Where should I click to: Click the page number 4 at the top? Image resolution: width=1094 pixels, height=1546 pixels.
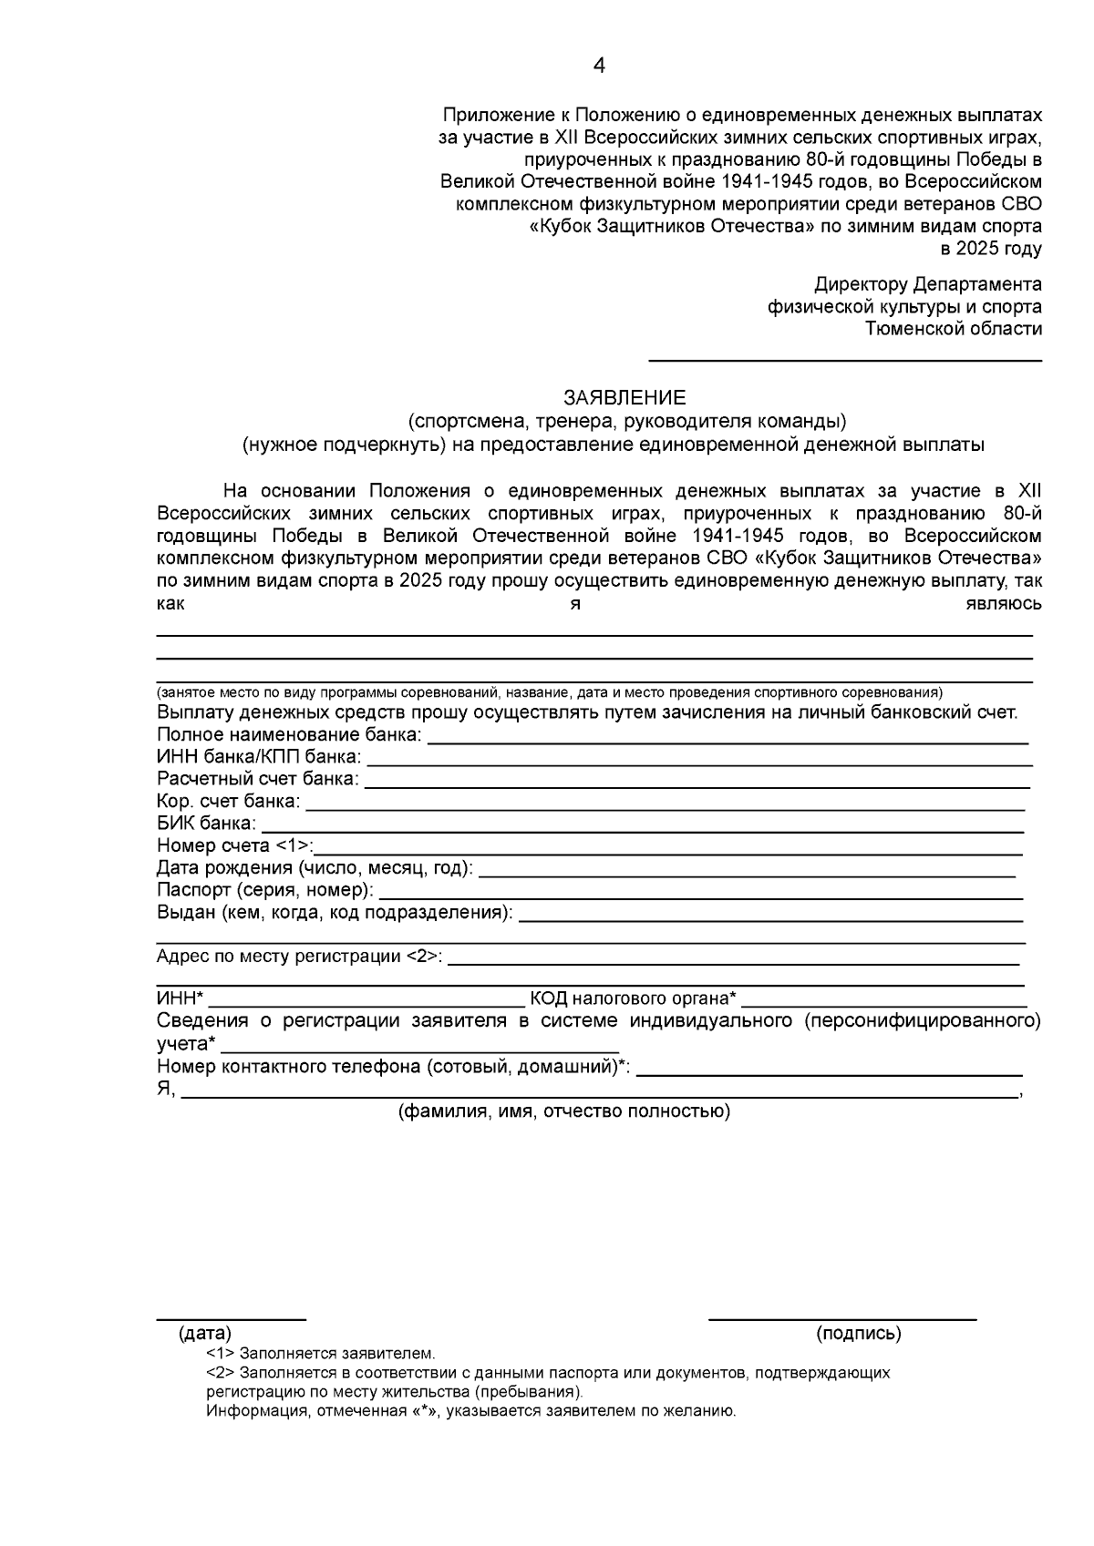[x=599, y=66]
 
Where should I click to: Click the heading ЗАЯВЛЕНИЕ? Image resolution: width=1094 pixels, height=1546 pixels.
[x=624, y=398]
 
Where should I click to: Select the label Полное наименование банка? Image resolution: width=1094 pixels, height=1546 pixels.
[x=289, y=735]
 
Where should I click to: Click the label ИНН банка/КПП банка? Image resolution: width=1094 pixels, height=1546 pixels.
[x=259, y=757]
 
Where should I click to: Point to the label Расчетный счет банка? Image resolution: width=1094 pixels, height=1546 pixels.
[x=258, y=780]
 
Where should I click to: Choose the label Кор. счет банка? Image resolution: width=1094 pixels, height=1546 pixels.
[x=228, y=802]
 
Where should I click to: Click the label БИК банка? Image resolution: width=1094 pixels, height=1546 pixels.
[x=206, y=824]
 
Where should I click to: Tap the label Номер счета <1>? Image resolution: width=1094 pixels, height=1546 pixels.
[x=234, y=845]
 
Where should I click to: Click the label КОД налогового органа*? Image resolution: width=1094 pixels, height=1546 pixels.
[x=634, y=999]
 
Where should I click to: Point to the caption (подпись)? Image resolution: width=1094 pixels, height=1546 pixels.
[x=859, y=1334]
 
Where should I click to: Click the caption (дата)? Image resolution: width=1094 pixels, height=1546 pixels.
[x=205, y=1334]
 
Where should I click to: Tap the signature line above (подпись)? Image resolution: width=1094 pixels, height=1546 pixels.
[x=842, y=1318]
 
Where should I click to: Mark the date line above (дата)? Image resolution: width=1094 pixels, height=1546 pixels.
[x=231, y=1318]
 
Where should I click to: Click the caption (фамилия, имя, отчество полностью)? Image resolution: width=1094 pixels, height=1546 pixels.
[x=563, y=1111]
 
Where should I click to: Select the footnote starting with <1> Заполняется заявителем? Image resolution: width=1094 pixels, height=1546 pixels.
[x=321, y=1354]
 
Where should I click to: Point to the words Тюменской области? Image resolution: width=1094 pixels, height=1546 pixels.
[x=953, y=329]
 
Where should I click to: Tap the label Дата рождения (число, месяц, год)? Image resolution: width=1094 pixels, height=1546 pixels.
[x=315, y=868]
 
